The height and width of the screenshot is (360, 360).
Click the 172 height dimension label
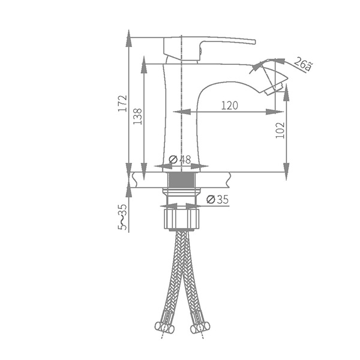click(122, 103)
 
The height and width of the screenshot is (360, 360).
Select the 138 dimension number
click(137, 116)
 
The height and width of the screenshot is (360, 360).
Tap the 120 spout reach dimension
click(230, 106)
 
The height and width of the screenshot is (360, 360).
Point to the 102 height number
click(280, 130)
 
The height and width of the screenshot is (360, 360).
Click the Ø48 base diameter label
click(180, 160)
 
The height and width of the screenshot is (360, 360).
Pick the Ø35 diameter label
click(217, 199)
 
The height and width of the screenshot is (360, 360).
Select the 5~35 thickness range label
click(122, 217)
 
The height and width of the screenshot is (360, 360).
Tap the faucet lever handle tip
click(254, 42)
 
